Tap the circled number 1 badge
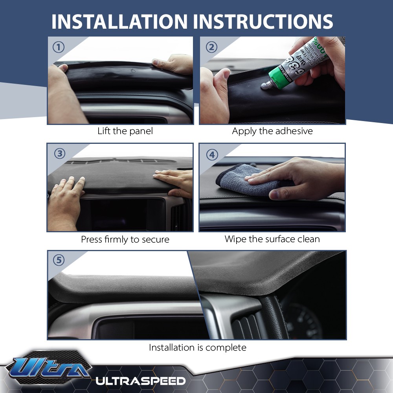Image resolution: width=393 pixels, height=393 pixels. coord(59,48)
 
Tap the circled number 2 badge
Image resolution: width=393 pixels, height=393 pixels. coord(211,48)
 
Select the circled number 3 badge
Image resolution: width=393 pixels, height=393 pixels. coord(59,154)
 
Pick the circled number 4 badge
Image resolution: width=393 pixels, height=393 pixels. coord(212,154)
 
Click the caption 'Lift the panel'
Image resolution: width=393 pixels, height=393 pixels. coord(125,131)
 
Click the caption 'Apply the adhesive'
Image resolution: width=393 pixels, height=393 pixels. coord(272,131)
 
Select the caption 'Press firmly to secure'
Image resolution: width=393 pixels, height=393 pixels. coord(125,239)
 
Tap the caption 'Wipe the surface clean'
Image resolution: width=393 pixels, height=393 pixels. coord(272,239)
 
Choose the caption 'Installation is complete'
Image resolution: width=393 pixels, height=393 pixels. coord(197,347)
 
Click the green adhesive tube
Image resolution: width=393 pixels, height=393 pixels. coord(299,63)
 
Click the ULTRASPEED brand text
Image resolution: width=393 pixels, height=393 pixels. coord(140,380)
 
